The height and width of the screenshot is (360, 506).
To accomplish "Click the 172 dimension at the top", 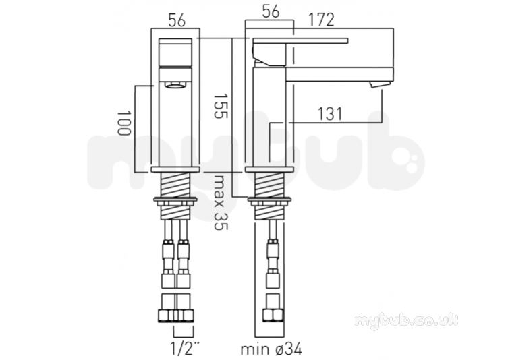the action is tap(321, 20).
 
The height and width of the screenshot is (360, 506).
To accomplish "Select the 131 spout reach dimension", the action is tap(330, 113).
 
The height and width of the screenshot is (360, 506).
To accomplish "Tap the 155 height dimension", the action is tap(221, 106).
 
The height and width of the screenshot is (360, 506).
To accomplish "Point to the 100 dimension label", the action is tap(124, 123).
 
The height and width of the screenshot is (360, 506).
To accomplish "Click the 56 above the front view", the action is tap(177, 21).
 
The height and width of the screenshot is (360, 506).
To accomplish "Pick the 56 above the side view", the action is tap(271, 11).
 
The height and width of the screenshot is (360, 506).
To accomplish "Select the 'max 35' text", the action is tap(221, 202).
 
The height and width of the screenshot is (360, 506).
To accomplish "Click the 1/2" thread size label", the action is tap(186, 349).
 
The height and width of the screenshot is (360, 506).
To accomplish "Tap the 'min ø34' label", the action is tap(271, 349).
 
